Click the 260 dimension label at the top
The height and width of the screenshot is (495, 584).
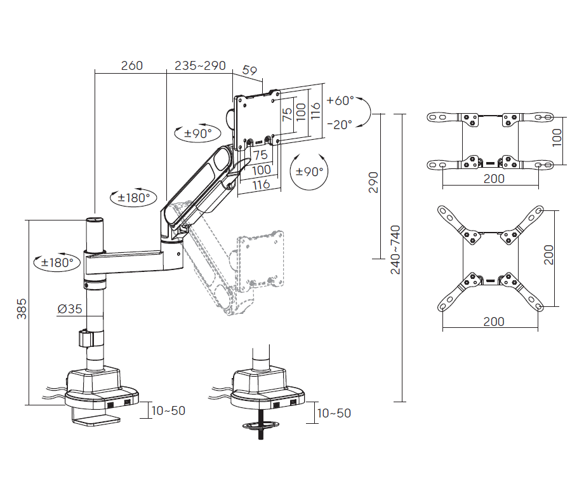(x=131, y=65)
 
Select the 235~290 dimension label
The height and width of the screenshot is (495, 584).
(x=200, y=65)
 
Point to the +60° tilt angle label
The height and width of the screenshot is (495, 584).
(x=340, y=101)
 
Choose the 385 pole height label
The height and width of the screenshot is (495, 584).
(x=22, y=309)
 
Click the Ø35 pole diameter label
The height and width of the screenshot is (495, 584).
(x=70, y=309)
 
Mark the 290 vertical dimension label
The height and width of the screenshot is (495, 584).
(x=374, y=182)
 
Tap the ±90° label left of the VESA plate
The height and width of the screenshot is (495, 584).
(x=197, y=133)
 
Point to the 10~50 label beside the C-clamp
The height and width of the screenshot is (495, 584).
(x=168, y=410)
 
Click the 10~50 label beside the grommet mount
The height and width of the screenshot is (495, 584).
(x=333, y=413)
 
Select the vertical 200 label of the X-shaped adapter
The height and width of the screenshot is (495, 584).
(x=549, y=255)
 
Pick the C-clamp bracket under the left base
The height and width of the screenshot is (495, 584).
(x=95, y=419)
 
